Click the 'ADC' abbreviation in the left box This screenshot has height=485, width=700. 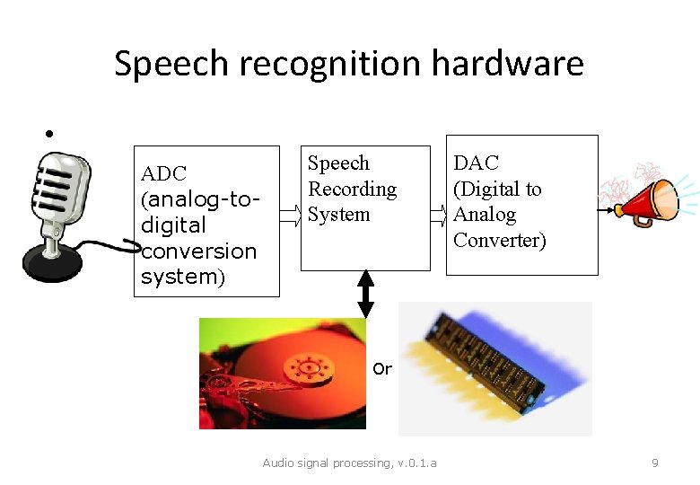click(x=163, y=173)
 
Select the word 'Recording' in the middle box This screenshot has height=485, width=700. click(x=352, y=189)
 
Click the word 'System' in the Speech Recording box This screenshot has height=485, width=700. click(x=338, y=214)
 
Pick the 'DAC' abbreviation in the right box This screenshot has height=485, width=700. click(x=476, y=163)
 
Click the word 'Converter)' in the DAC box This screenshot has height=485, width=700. click(x=499, y=240)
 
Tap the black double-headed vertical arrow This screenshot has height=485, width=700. click(x=365, y=293)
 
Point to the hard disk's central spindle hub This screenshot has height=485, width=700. click(x=307, y=366)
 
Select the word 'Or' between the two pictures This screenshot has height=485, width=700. click(x=382, y=368)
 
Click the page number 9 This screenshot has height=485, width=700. click(x=654, y=463)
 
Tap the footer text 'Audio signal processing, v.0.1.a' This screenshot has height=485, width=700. click(x=349, y=463)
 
